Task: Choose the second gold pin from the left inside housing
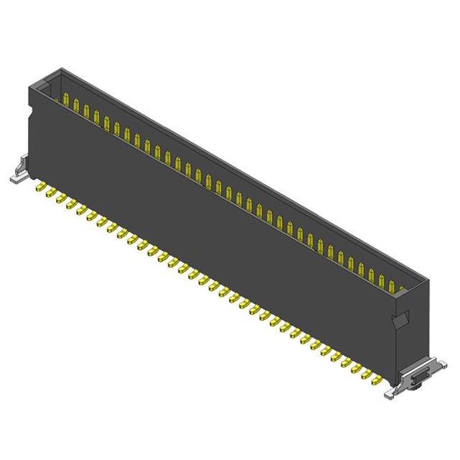[x=76, y=106]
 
